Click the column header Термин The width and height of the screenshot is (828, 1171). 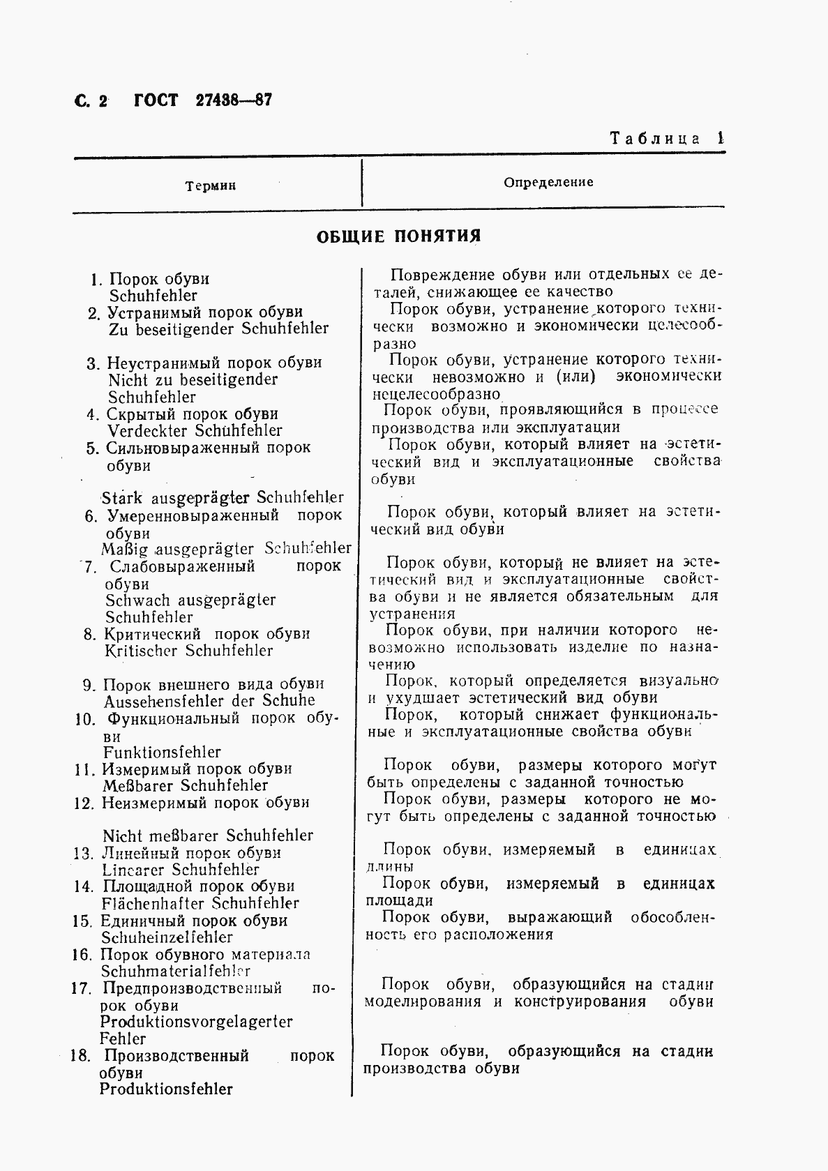click(211, 186)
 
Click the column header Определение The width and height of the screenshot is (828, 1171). click(548, 182)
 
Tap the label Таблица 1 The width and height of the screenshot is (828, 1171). click(667, 138)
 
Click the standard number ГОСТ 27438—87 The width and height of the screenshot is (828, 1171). click(202, 100)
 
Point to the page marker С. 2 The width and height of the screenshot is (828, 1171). click(90, 101)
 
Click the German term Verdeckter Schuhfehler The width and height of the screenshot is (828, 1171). click(194, 431)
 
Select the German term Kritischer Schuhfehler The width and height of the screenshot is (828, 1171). click(188, 651)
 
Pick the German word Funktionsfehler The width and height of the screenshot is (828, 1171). click(162, 753)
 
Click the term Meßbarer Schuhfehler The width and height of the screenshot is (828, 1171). click(185, 786)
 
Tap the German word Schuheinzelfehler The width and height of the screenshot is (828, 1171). click(167, 938)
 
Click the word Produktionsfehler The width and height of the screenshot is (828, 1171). click(166, 1089)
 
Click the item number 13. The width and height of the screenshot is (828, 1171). click(83, 854)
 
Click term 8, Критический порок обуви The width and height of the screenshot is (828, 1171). click(206, 634)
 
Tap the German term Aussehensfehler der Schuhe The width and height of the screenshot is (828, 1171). click(209, 701)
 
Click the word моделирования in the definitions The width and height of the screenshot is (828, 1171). click(423, 1002)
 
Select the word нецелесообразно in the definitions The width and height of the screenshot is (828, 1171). click(435, 394)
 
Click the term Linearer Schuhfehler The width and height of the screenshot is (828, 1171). click(180, 870)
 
